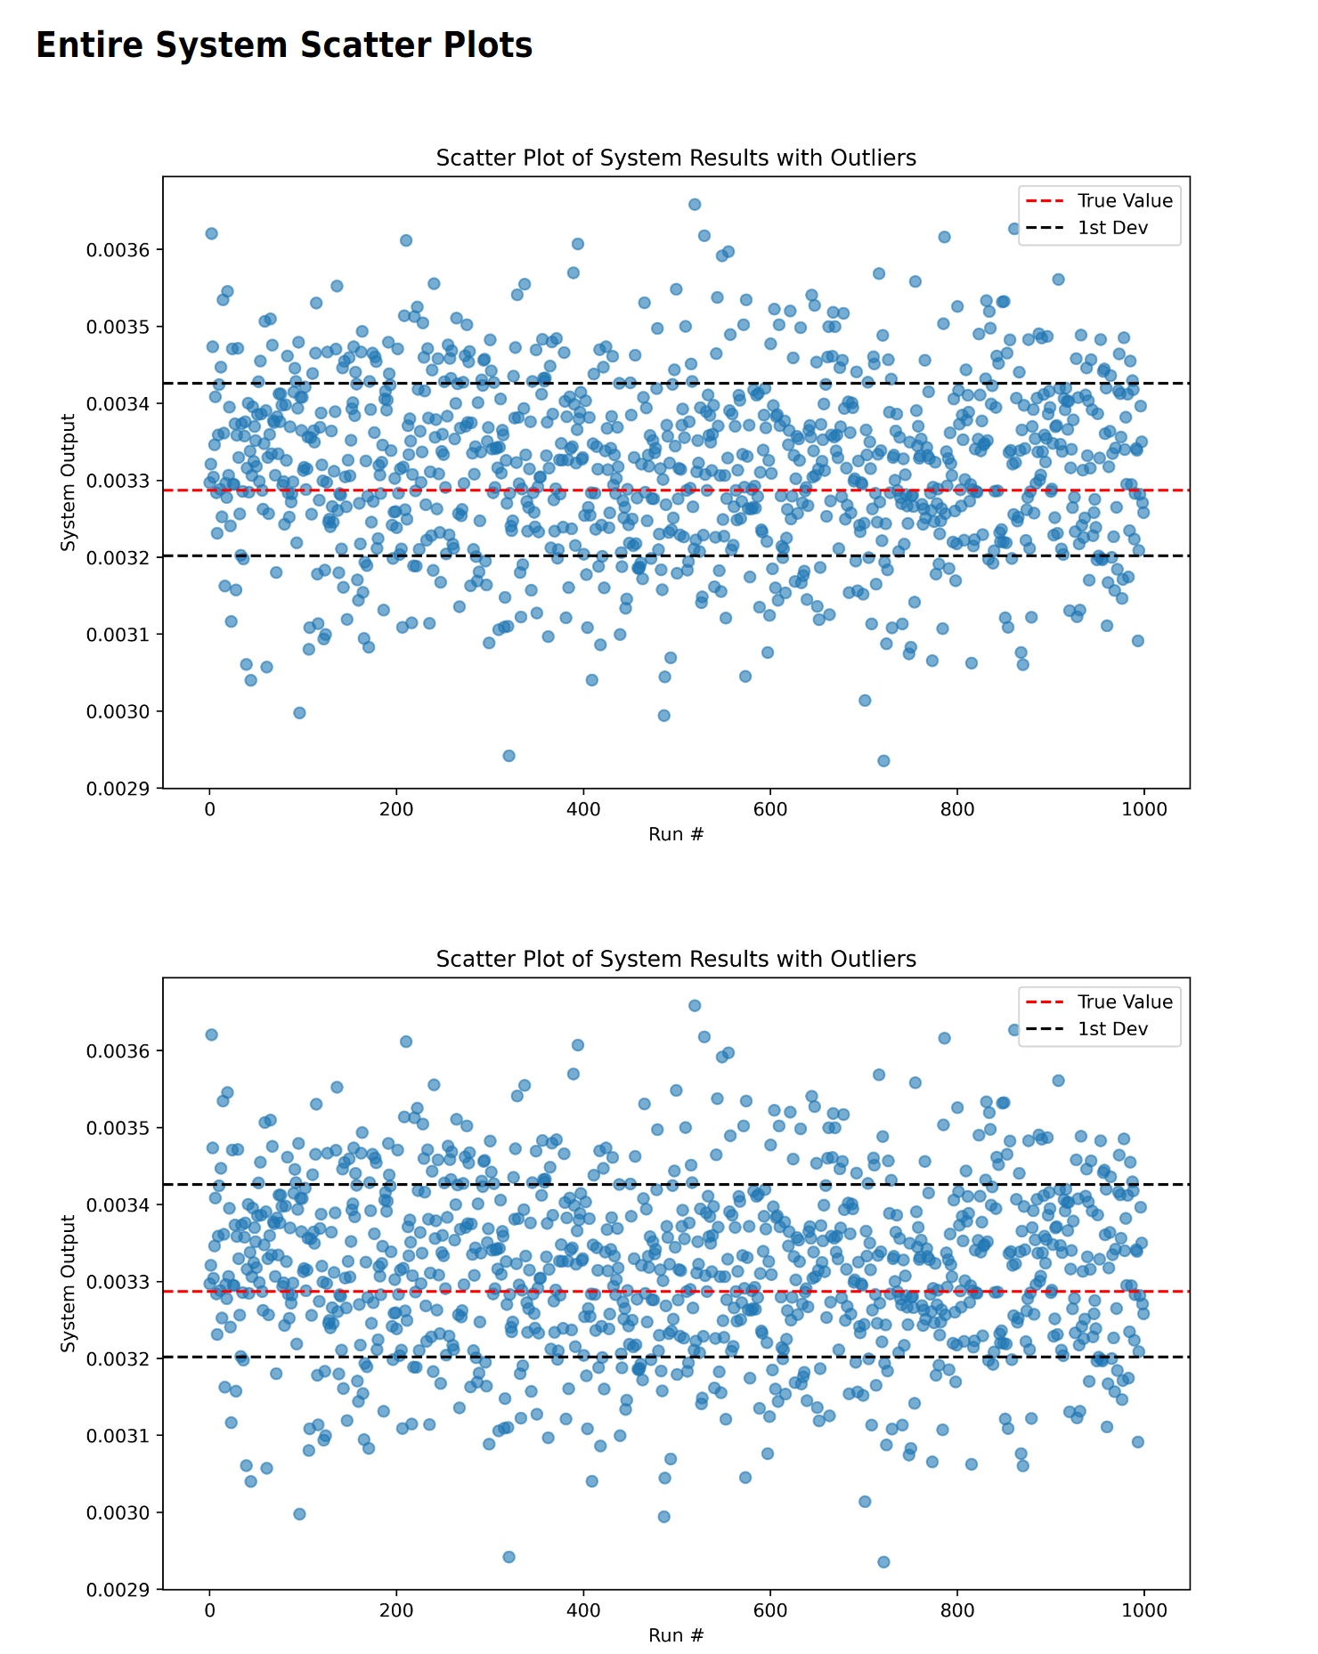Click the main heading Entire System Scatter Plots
coord(284,45)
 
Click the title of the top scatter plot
coord(676,158)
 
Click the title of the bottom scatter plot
coord(676,959)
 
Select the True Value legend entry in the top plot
coord(1124,201)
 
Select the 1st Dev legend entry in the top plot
coord(1112,228)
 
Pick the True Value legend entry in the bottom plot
coord(1124,1002)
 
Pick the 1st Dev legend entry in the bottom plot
coord(1112,1029)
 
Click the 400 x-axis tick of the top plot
coord(583,810)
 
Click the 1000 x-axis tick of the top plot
coord(1144,810)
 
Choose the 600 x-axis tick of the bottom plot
coord(770,1611)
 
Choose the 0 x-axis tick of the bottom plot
coord(209,1611)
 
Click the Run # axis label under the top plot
coord(676,834)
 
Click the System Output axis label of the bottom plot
coord(69,1284)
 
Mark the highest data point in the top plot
coord(695,204)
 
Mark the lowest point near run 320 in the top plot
coord(508,756)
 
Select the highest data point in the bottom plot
coord(695,1005)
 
